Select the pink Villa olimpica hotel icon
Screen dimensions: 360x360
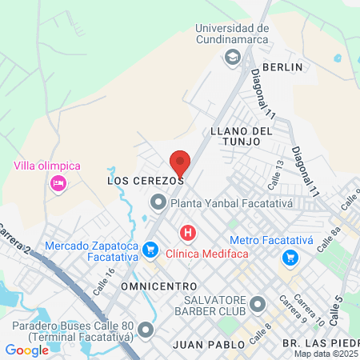pyautogui.click(x=58, y=184)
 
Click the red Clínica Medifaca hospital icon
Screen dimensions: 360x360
pyautogui.click(x=188, y=234)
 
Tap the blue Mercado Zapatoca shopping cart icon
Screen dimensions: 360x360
pyautogui.click(x=149, y=251)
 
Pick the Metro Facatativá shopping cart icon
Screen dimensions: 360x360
pyautogui.click(x=290, y=258)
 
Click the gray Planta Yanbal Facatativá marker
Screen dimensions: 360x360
pyautogui.click(x=158, y=203)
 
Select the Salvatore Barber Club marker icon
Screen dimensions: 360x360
pyautogui.click(x=258, y=304)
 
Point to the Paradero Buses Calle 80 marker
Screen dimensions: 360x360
pyautogui.click(x=145, y=330)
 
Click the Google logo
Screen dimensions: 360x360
pyautogui.click(x=27, y=350)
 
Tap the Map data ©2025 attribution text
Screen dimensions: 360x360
pyautogui.click(x=326, y=354)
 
